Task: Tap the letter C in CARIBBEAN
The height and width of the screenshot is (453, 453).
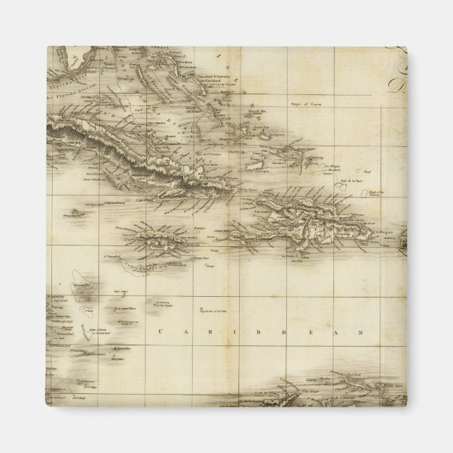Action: click(x=161, y=331)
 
